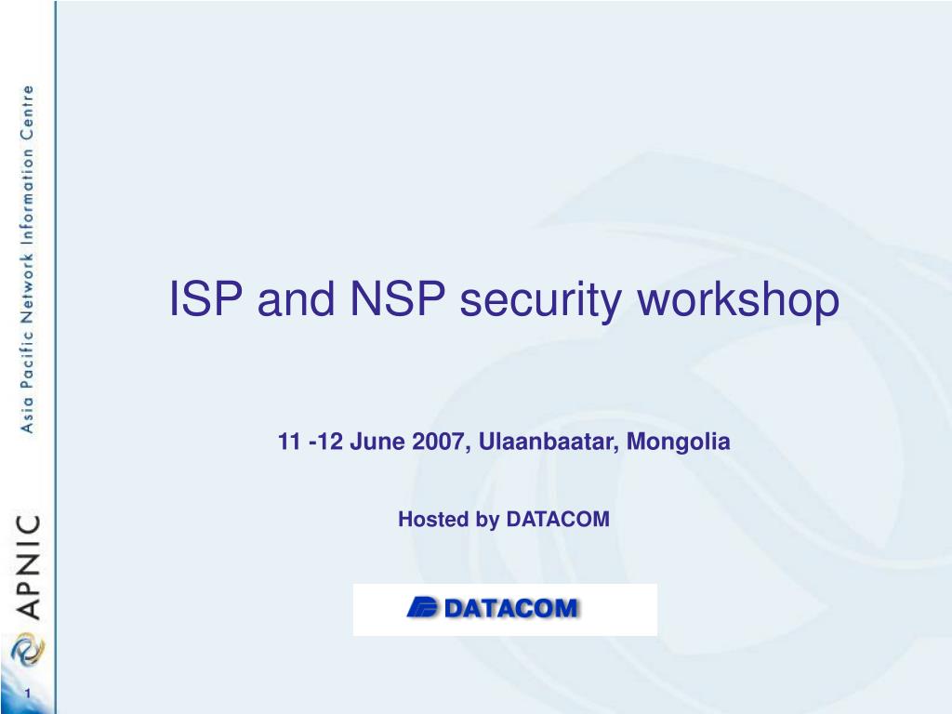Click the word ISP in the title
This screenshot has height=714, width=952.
pyautogui.click(x=206, y=300)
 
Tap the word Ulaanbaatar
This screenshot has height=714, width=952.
pyautogui.click(x=549, y=442)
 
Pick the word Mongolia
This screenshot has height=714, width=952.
pyautogui.click(x=679, y=443)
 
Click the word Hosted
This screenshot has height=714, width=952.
pyautogui.click(x=434, y=520)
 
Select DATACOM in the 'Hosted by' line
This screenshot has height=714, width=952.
pyautogui.click(x=558, y=520)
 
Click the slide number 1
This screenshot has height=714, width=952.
pyautogui.click(x=28, y=695)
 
